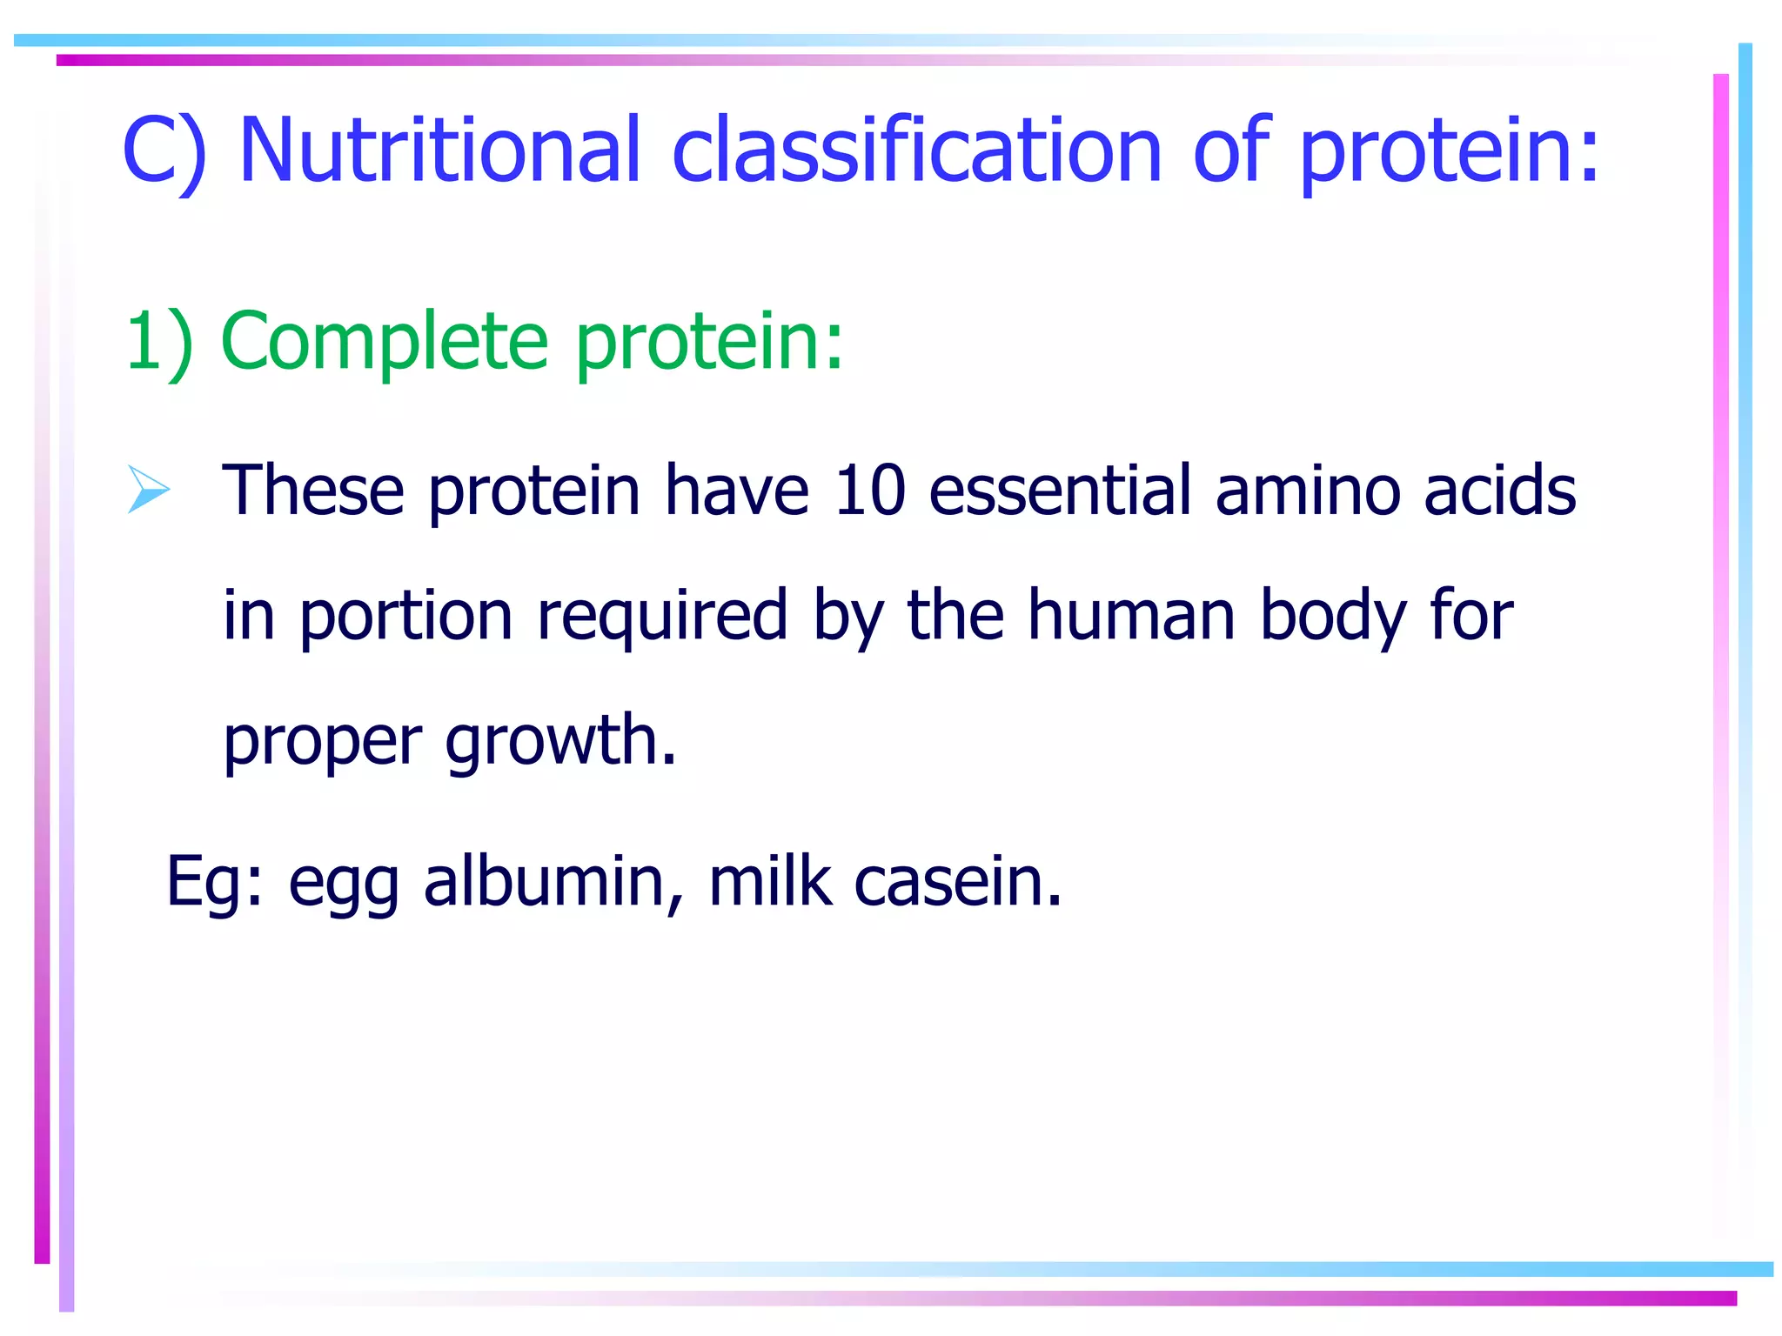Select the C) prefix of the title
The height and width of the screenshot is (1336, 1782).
[x=164, y=152]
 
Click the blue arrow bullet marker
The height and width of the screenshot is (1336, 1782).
[x=149, y=489]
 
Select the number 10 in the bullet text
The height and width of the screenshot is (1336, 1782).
[x=869, y=490]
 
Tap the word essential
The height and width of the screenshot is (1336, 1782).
[x=1060, y=490]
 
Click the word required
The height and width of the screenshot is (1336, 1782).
[x=662, y=616]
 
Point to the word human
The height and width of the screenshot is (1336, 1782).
[x=1131, y=614]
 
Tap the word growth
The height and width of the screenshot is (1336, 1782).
[x=560, y=741]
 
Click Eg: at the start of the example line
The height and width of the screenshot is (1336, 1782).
[x=214, y=882]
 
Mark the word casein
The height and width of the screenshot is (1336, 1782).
[x=957, y=880]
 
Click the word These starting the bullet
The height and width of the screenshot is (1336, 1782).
[x=313, y=490]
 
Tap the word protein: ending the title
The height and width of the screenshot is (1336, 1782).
[x=1449, y=152]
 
